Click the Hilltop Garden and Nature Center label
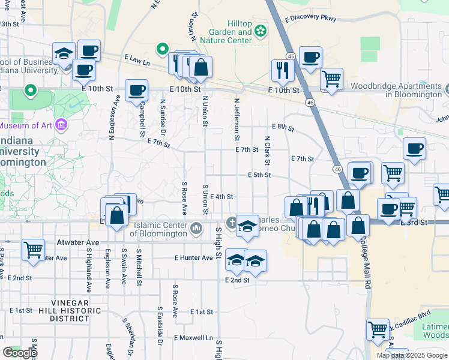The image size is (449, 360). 230,32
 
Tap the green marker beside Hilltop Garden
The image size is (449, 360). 261,30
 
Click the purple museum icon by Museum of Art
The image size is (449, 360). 60,125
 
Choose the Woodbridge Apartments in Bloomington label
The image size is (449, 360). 397,91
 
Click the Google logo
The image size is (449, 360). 20,352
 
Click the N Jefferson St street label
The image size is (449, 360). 238,116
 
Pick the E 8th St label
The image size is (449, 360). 283,127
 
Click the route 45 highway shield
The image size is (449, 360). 291,56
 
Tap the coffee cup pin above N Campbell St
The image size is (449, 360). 136,91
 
